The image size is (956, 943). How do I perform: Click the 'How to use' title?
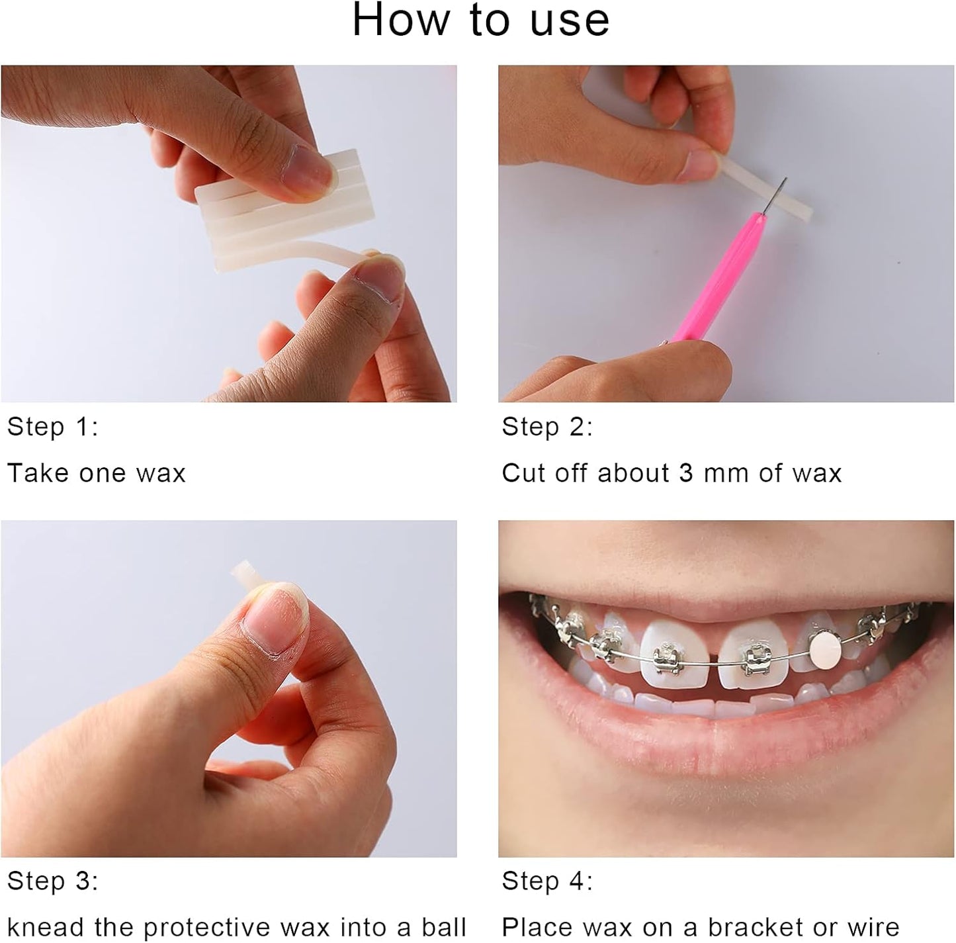(480, 20)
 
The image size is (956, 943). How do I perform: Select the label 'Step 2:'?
(547, 427)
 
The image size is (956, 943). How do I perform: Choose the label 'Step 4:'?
(547, 881)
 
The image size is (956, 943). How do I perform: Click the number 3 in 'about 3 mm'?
(686, 473)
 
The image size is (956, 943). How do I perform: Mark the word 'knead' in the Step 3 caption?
(46, 928)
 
